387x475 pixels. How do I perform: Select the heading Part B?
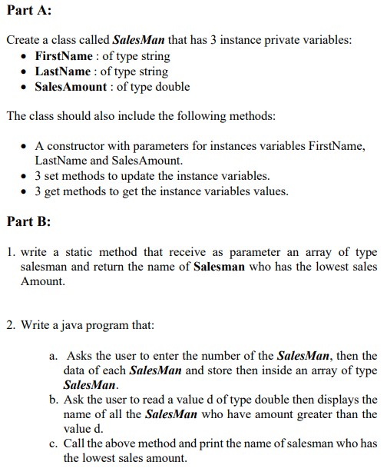click(28, 221)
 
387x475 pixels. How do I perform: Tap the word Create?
click(23, 39)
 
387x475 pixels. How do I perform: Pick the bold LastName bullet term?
click(61, 71)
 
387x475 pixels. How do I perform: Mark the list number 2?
click(9, 325)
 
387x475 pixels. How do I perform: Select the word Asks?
click(80, 355)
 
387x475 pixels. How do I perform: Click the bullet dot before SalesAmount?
click(26, 86)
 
